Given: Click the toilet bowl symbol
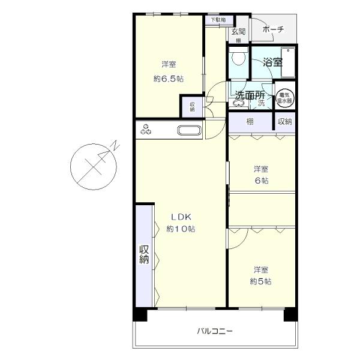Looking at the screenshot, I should click(238, 58).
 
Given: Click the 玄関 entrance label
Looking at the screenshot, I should click(238, 32).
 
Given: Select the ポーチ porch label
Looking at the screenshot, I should click(273, 29).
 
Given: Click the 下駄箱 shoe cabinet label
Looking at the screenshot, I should click(217, 20).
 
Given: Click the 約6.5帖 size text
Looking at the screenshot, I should click(168, 79).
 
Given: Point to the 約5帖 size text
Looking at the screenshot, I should click(260, 281).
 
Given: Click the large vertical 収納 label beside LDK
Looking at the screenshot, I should click(144, 255).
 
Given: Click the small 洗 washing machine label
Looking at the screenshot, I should click(261, 103).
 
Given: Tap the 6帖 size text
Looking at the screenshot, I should click(260, 181).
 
